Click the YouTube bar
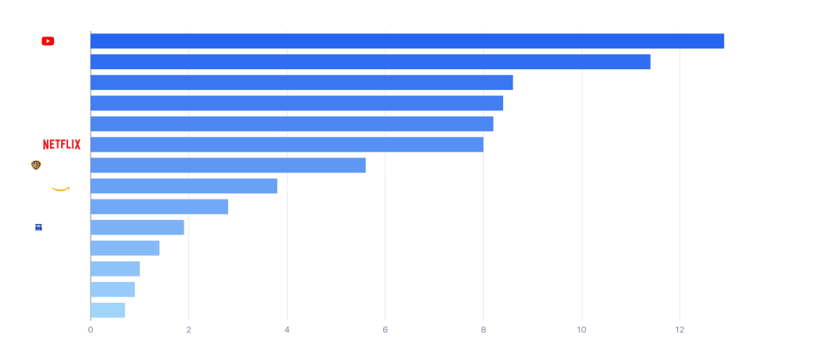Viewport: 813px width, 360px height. [x=407, y=41]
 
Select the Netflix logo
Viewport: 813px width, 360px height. [x=61, y=145]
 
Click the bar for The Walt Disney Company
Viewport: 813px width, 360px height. [x=370, y=62]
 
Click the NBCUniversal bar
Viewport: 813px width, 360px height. [x=302, y=83]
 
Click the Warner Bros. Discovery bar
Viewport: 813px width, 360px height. [x=228, y=165]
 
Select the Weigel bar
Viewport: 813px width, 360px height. [x=125, y=248]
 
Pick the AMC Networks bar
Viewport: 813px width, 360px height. [x=108, y=310]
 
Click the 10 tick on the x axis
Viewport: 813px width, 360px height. [x=582, y=330]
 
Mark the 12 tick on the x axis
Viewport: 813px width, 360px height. [x=679, y=330]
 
